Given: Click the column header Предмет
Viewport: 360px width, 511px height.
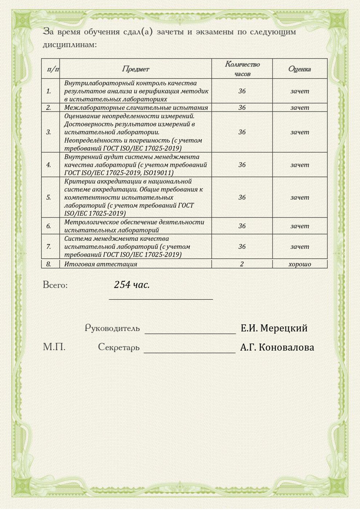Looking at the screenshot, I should (135, 69).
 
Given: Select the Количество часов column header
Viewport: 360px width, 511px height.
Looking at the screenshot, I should (242, 69).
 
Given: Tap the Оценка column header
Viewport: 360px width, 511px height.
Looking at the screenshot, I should (300, 69).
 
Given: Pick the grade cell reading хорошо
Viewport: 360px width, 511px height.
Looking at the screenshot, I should (300, 264).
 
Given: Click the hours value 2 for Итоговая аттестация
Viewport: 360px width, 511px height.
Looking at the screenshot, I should (242, 264).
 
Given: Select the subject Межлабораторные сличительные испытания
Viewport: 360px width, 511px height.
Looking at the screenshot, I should (136, 107).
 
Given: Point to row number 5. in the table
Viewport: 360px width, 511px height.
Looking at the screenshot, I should (49, 197).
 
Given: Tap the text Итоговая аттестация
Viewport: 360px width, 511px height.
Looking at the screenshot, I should (101, 264).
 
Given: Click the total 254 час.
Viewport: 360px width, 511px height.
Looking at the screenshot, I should (132, 284).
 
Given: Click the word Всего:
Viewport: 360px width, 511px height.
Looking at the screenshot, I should (55, 285).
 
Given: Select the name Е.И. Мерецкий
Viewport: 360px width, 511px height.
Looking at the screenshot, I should (274, 328).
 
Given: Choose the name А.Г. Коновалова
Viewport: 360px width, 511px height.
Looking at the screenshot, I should (277, 347).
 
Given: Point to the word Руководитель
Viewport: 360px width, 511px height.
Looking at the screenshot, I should (112, 328).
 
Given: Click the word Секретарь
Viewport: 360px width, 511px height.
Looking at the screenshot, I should (119, 347).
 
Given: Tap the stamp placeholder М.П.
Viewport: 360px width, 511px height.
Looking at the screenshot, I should (54, 347).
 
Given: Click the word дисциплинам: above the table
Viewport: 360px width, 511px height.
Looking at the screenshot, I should (70, 45).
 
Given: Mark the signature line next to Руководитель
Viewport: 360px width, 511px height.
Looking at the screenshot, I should (190, 332).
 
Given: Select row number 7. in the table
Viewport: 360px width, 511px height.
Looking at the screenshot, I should (49, 247).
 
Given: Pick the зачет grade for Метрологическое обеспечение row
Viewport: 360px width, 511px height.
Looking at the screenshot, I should (300, 226).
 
